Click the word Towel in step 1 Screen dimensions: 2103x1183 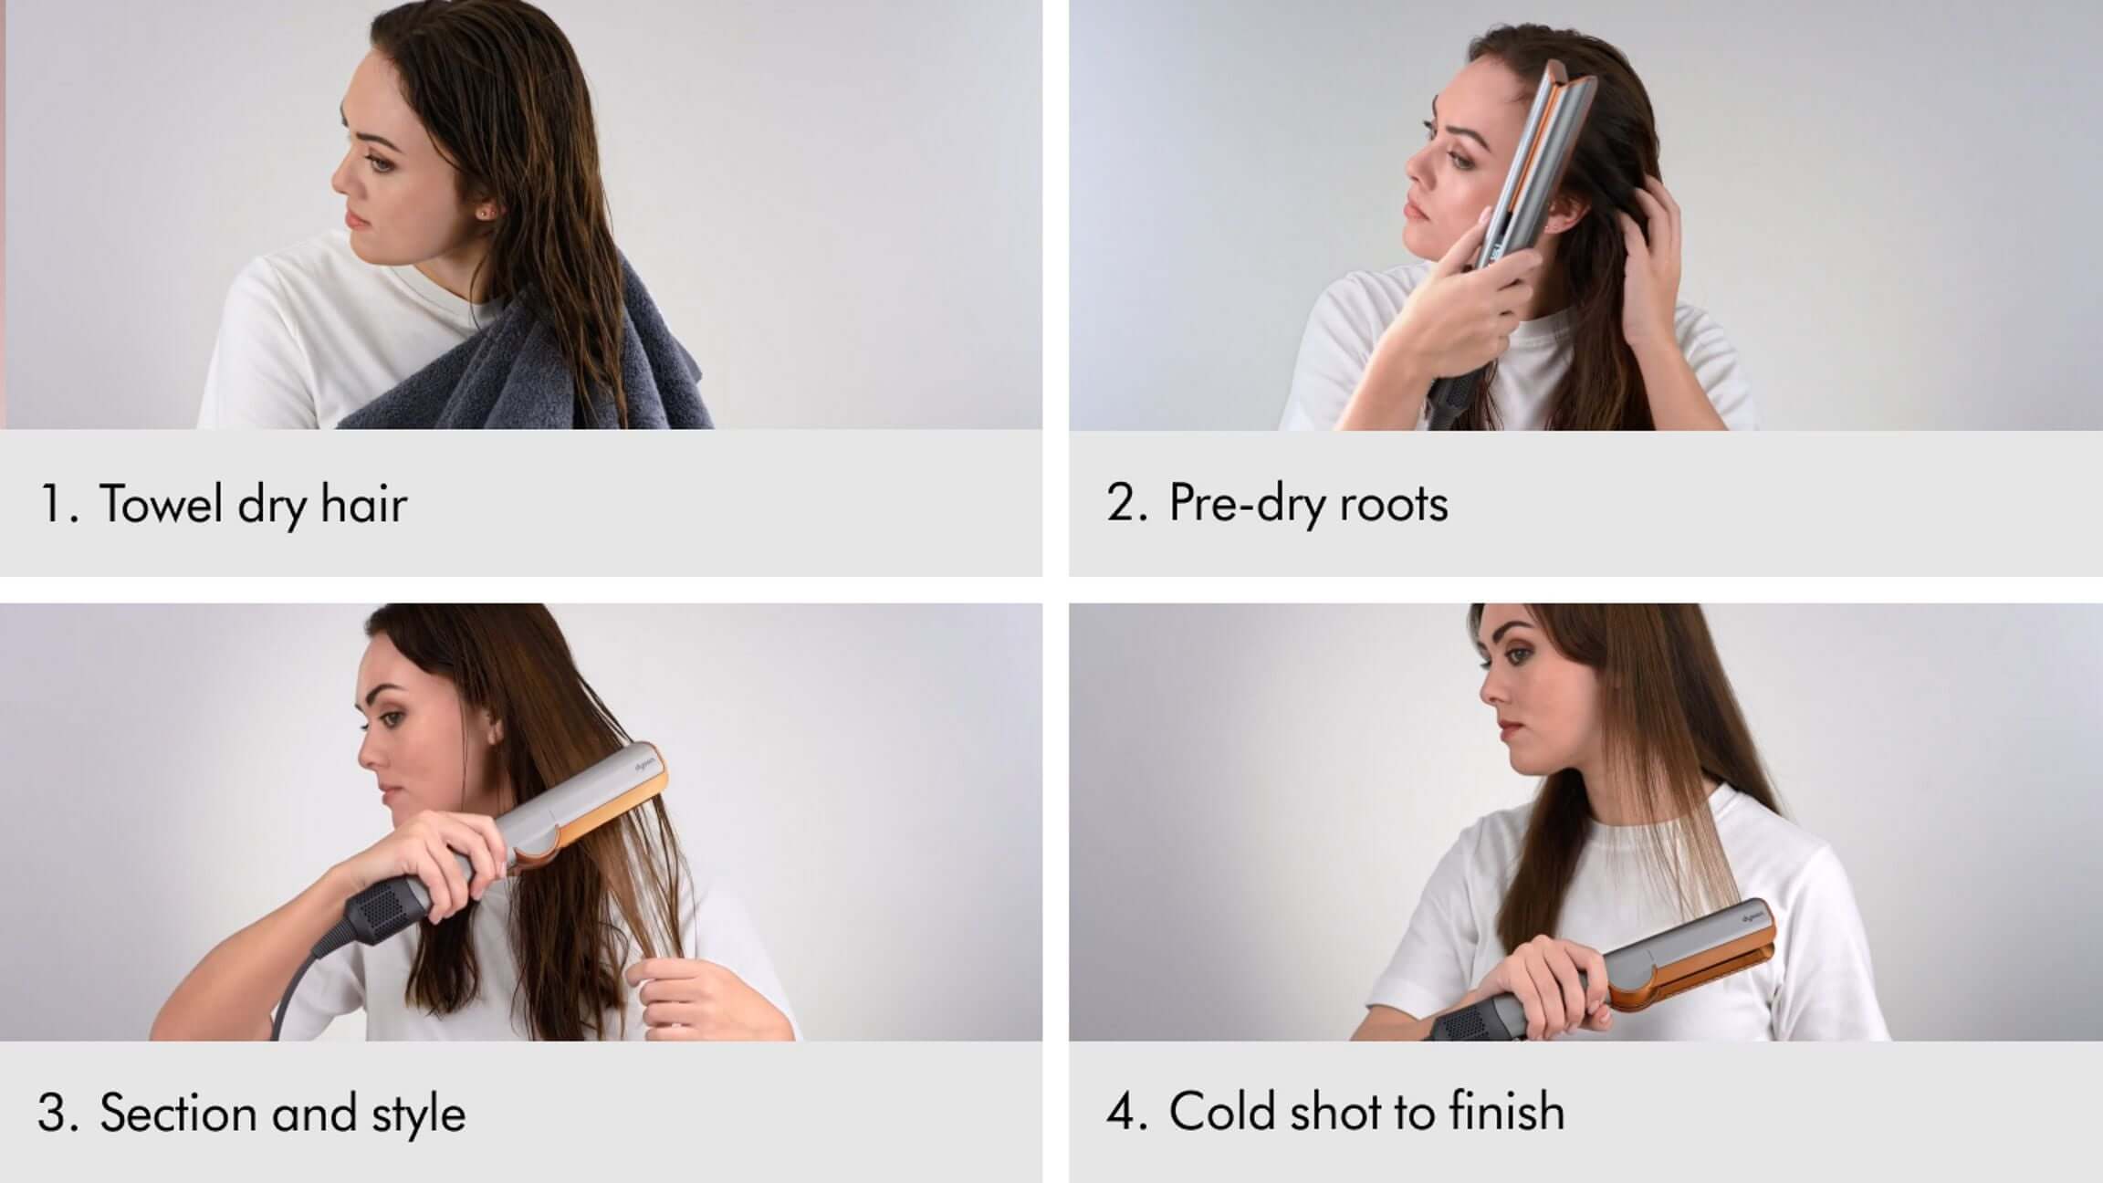[161, 503]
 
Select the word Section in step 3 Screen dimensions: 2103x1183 [178, 1113]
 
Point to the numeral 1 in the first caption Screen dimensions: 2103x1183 [51, 504]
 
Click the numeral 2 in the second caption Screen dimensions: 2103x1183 [1121, 503]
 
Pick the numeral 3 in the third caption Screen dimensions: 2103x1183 [52, 1113]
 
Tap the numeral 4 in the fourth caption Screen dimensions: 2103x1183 [1122, 1111]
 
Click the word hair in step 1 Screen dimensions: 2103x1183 [363, 503]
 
